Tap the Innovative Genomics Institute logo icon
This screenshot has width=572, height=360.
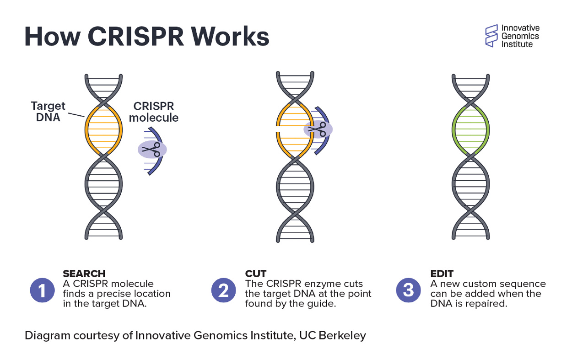(x=491, y=36)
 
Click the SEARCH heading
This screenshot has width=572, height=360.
(x=84, y=274)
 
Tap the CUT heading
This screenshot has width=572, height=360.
(x=255, y=274)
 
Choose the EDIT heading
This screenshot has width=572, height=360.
(x=442, y=274)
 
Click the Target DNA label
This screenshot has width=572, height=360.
(x=48, y=112)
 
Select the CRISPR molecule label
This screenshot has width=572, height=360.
(x=154, y=112)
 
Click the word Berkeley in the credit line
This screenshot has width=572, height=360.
(x=344, y=335)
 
